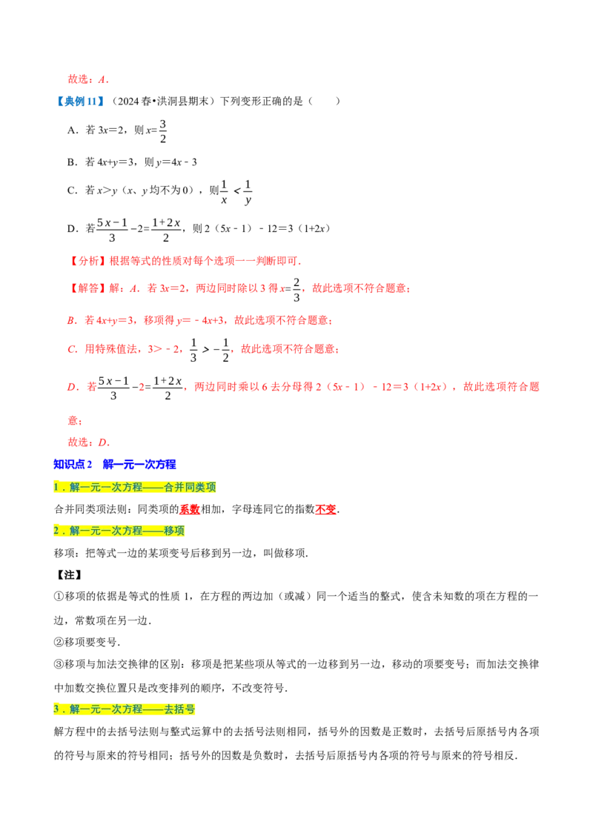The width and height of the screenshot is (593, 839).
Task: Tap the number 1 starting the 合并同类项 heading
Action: [56, 488]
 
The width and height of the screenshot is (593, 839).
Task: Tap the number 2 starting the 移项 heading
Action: [56, 531]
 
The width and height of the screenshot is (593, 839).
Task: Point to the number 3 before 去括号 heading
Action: [56, 709]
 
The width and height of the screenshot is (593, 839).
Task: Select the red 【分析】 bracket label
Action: [87, 261]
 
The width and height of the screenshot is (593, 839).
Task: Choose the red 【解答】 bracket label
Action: [87, 288]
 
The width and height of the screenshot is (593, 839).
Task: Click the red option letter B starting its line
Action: [69, 320]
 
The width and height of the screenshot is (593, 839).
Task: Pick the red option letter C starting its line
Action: [70, 348]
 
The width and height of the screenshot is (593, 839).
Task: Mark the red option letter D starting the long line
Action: [70, 386]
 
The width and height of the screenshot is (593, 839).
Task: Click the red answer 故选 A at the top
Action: [88, 79]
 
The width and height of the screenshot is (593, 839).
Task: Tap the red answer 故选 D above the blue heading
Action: [88, 442]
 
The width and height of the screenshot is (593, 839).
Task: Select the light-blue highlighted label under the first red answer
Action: [80, 101]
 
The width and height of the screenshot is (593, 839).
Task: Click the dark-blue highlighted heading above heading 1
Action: [115, 465]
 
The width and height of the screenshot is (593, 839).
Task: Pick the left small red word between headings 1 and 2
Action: [190, 510]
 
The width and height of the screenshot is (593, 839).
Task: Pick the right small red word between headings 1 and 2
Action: [325, 510]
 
